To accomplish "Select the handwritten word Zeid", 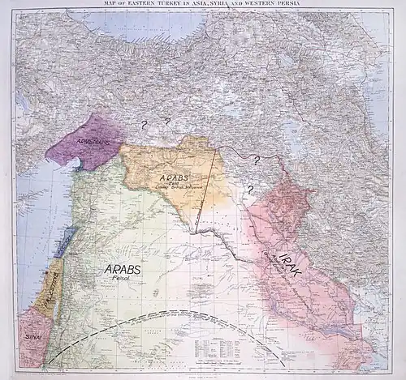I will pyautogui.click(x=171, y=186).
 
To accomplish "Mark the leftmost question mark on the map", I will pyautogui.click(x=145, y=124).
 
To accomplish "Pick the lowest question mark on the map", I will pyautogui.click(x=250, y=190).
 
